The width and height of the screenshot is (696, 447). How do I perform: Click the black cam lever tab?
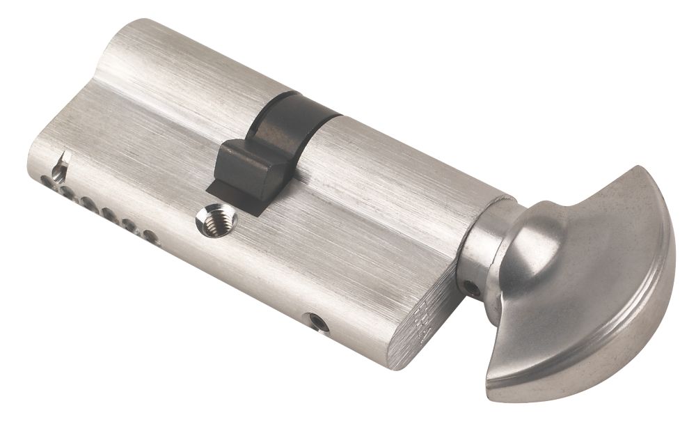(247, 167)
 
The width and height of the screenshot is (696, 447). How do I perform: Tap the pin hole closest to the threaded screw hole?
(148, 235)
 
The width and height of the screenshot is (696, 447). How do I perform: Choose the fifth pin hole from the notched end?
(129, 224)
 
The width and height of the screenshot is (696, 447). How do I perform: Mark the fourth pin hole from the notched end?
(109, 214)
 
